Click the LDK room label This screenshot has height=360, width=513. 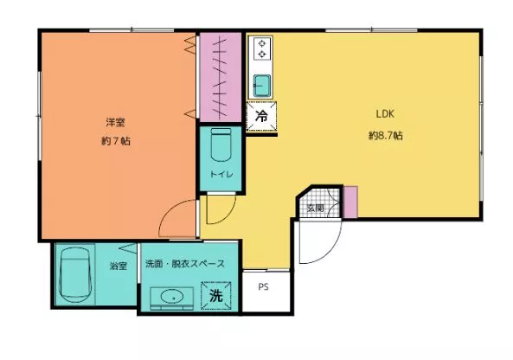coord(385,114)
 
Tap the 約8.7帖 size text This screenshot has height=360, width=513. coord(386,136)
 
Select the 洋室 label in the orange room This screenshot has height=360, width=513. coord(115,122)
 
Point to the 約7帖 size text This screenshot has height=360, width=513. coord(116,141)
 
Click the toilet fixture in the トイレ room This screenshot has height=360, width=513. coord(221,145)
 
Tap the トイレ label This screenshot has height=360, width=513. coord(221,175)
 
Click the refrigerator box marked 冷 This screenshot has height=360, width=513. coord(261,116)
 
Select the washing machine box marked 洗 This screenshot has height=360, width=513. coord(216,295)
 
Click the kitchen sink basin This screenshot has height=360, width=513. coord(262,86)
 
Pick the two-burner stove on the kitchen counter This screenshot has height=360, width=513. coord(261,48)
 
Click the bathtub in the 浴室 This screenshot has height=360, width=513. coord(74,274)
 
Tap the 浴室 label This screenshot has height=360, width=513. coord(119,266)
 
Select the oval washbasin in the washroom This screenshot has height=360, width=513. coord(172,297)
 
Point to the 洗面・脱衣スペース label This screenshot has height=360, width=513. coord(185,263)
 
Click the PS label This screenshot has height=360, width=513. coord(263,287)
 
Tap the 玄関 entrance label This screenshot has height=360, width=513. coord(316,208)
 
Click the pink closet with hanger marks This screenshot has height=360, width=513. coord(221,77)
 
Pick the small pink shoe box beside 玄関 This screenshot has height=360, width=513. coord(350,202)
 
